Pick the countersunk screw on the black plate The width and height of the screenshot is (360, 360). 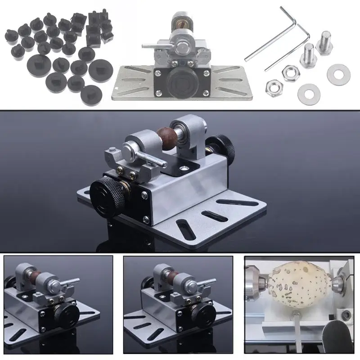185,168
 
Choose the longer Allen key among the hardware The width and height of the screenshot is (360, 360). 270,38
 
